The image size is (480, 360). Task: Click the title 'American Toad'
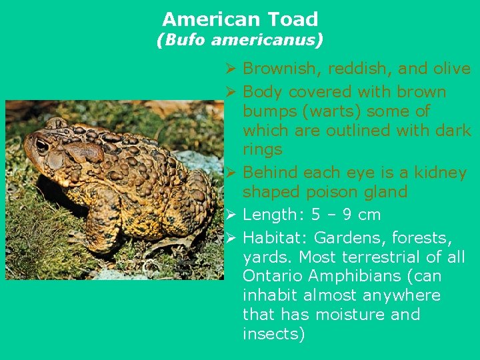[x=240, y=19]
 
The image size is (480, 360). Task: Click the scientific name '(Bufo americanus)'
[x=240, y=41]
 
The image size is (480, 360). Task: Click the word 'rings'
[x=263, y=149]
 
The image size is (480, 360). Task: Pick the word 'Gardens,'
[x=347, y=238]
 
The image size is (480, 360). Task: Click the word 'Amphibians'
[x=355, y=276]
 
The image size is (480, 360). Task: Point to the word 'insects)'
[x=273, y=334]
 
